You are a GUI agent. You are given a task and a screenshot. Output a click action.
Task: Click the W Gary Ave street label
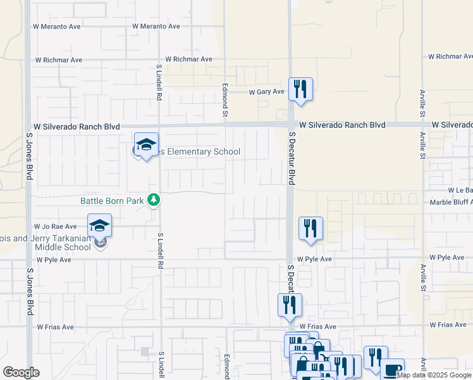point(266,92)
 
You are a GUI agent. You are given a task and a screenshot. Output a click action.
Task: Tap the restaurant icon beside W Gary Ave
point(300,89)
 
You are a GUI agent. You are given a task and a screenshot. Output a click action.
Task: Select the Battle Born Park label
point(112,201)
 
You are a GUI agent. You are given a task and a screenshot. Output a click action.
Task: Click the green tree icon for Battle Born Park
point(152,200)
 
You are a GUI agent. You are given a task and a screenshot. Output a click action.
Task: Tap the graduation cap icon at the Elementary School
point(146,145)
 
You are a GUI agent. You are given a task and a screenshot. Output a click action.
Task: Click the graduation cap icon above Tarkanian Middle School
point(99,226)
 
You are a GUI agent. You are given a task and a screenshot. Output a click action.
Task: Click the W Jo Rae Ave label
point(56,226)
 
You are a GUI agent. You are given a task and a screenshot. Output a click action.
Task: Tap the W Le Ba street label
point(460,190)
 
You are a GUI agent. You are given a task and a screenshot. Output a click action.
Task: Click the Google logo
point(21,372)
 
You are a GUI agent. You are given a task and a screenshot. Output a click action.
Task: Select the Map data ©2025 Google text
point(434,375)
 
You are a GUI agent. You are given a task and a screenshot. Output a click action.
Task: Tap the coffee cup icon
point(392,369)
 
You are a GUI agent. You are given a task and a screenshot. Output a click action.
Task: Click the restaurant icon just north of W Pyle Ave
point(310,229)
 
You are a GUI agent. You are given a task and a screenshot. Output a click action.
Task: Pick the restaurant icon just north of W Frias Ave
point(290,305)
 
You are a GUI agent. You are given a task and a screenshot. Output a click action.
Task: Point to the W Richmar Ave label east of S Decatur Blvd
point(449,56)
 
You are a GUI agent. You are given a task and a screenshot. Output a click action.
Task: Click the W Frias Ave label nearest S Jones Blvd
point(55,327)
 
